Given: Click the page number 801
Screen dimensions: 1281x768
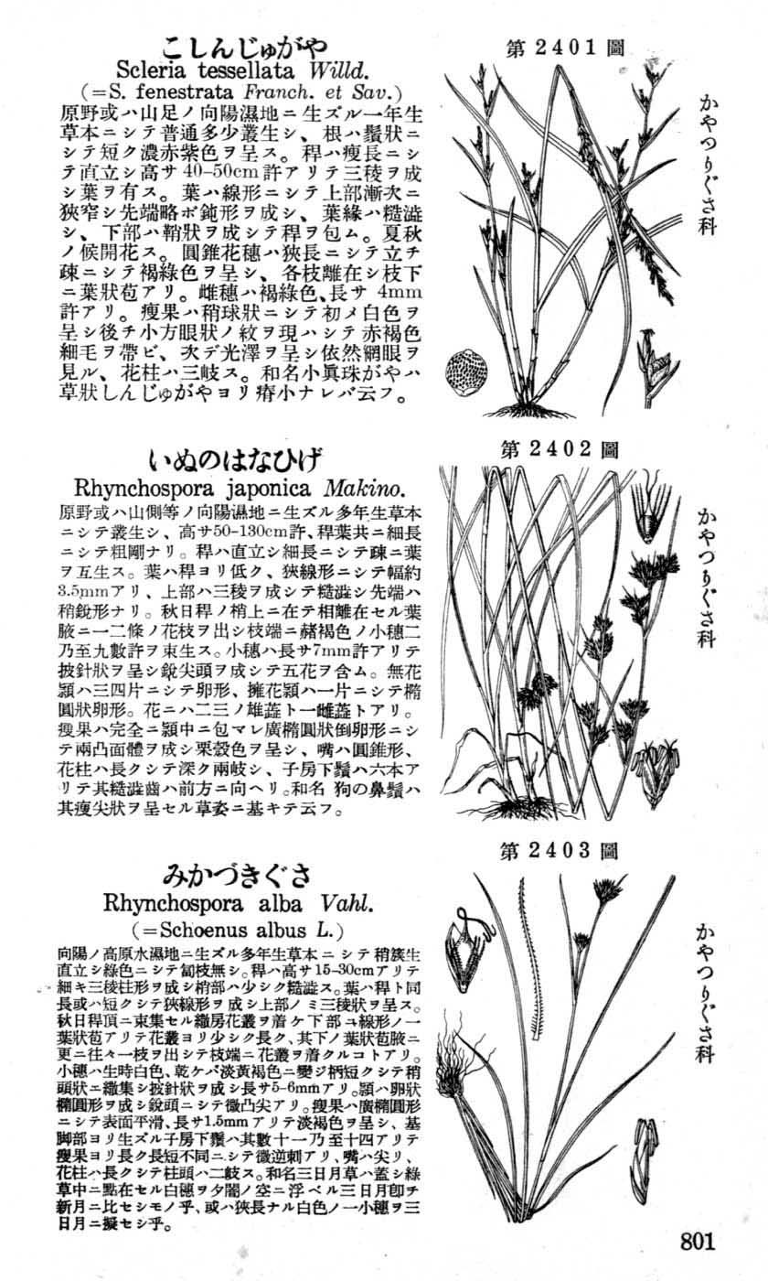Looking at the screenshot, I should (x=697, y=1241).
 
